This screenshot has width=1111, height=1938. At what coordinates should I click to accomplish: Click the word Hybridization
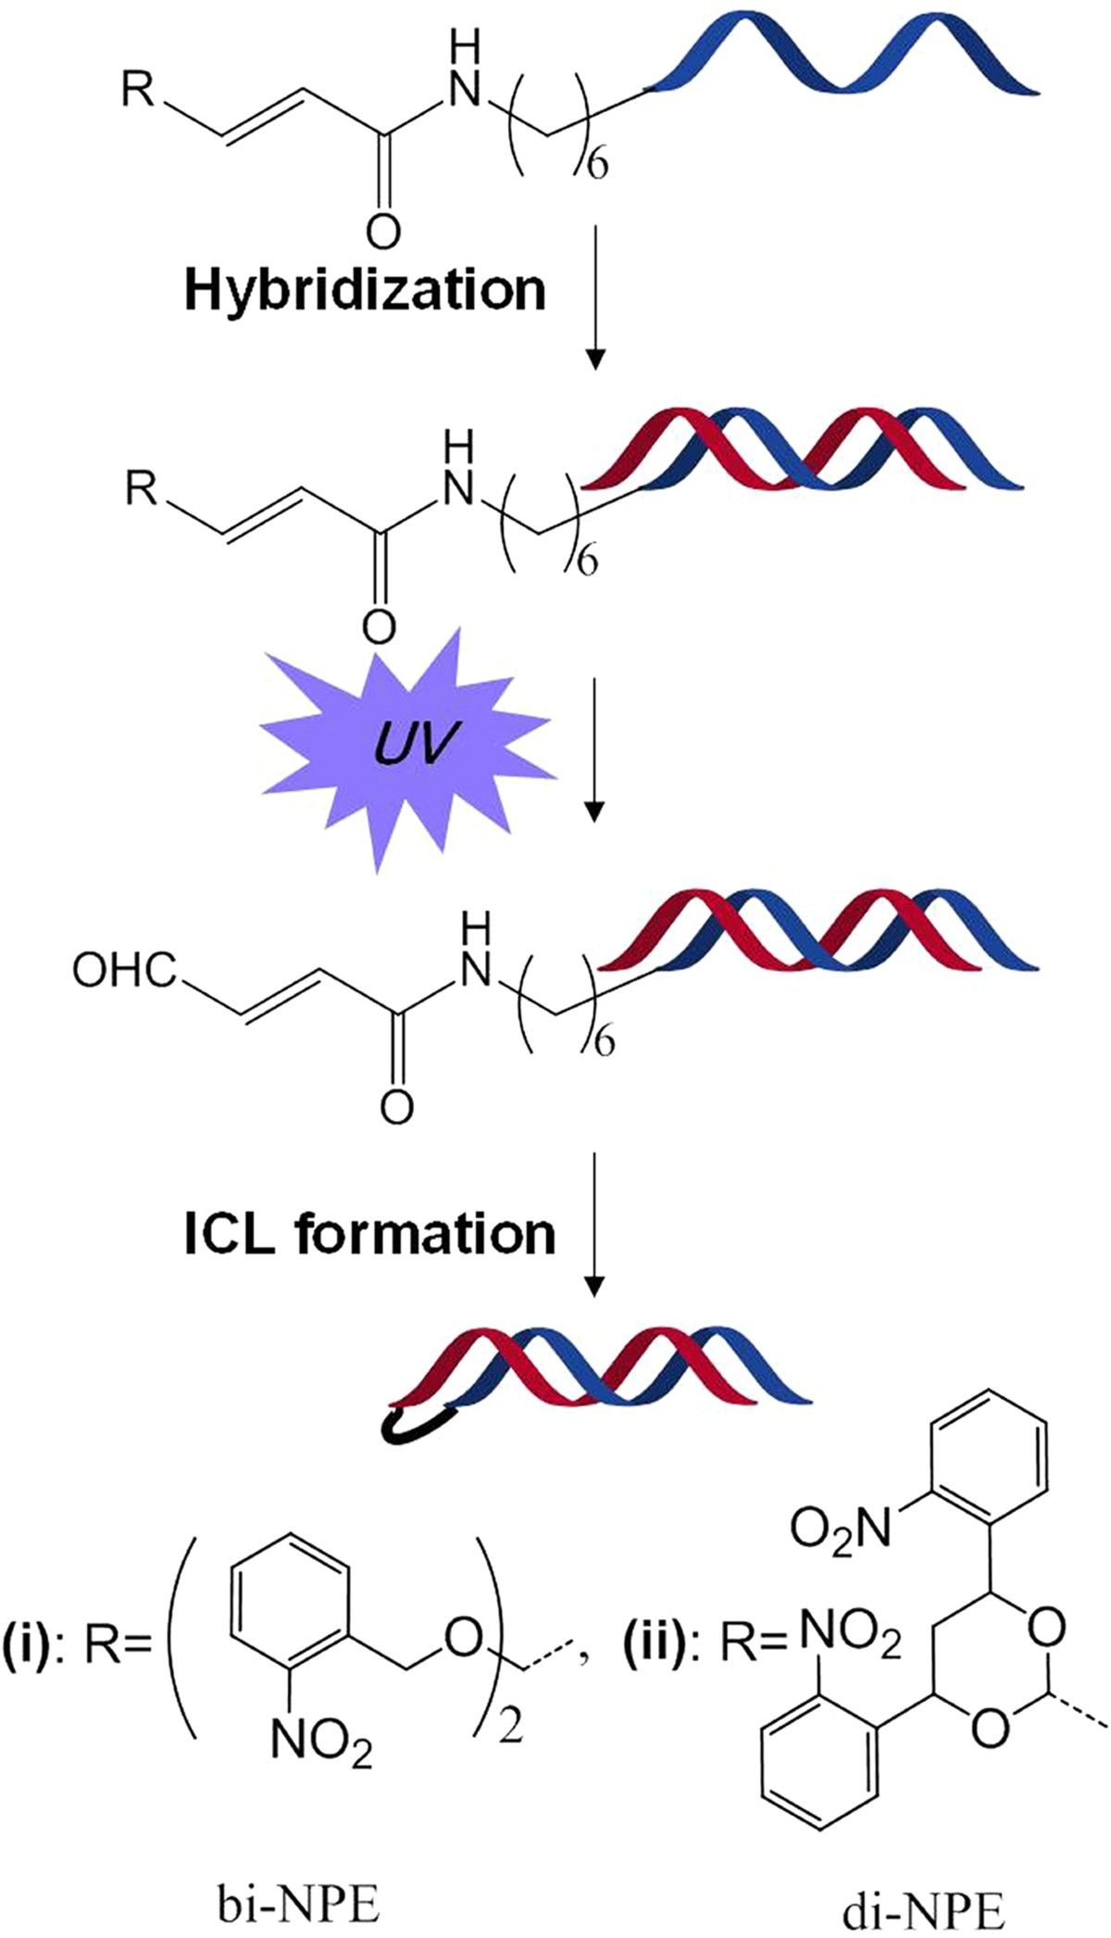(x=366, y=290)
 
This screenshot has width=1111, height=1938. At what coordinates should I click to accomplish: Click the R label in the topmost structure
(x=139, y=94)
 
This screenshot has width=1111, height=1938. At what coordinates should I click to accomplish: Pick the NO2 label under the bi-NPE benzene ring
(x=321, y=1742)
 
